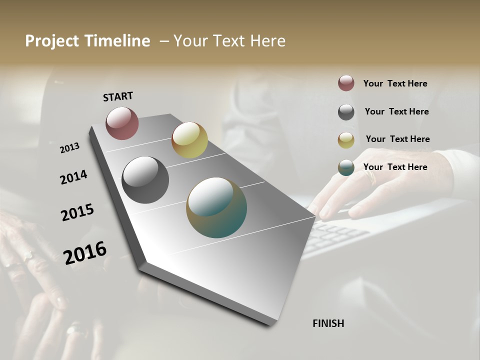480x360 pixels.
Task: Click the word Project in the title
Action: tap(49, 41)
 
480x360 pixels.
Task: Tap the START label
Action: tap(118, 96)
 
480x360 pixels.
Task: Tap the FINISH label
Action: tap(328, 323)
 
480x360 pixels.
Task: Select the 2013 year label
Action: tap(70, 148)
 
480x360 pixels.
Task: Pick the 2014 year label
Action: tap(74, 177)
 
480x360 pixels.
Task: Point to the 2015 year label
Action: tap(77, 212)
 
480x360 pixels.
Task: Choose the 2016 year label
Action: tap(85, 252)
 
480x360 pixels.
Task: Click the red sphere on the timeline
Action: tap(122, 123)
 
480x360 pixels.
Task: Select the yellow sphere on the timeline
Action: tap(189, 140)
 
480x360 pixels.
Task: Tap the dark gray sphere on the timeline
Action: tap(145, 180)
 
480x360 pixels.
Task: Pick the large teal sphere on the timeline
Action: tap(216, 207)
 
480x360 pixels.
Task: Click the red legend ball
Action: tap(346, 83)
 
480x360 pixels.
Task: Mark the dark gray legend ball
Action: tap(346, 112)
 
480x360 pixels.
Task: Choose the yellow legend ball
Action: tap(346, 140)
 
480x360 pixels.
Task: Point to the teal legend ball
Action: tap(346, 167)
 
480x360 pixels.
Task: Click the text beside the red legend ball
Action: tap(395, 83)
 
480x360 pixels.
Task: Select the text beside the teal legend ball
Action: tap(395, 167)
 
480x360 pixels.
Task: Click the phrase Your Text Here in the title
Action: tap(229, 41)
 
